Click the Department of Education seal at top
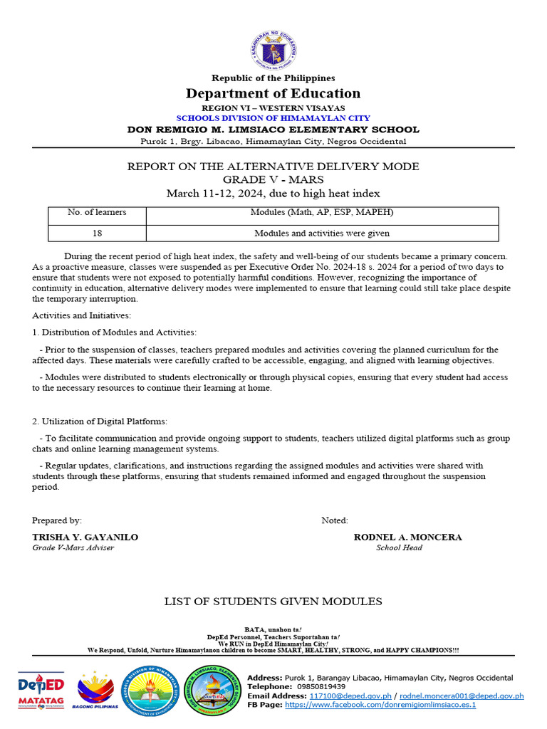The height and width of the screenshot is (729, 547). (273, 49)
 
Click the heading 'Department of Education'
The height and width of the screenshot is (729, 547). (273, 93)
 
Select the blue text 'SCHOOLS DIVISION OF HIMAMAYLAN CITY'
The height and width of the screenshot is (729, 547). (273, 118)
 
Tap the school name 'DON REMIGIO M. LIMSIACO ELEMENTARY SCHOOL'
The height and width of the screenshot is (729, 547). (273, 130)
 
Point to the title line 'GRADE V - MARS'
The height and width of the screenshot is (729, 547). (273, 179)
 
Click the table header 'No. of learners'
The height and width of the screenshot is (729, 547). (97, 212)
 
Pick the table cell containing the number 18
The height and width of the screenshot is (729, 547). (97, 233)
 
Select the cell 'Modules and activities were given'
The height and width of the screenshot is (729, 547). (322, 233)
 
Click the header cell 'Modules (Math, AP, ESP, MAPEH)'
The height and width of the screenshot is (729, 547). (322, 212)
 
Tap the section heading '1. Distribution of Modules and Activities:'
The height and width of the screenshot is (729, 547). (115, 332)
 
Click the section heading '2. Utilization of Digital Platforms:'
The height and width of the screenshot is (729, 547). (100, 421)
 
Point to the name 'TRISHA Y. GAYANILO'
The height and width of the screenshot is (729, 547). (85, 537)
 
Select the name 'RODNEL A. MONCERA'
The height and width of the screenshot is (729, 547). (407, 537)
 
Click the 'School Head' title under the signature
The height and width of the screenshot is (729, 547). (399, 547)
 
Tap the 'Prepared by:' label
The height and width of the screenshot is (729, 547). (57, 520)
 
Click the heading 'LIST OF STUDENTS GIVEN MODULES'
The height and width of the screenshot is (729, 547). (273, 602)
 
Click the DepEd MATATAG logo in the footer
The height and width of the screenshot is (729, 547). (41, 691)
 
